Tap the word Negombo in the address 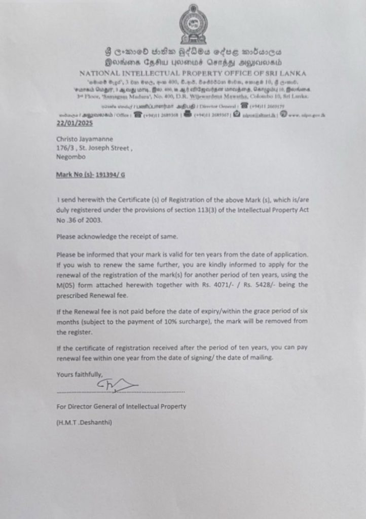pos(71,157)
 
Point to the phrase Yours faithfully pos(79,375)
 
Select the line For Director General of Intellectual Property pos(121,406)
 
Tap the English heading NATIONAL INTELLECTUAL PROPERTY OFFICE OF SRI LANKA pos(193,73)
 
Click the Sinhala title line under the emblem pos(193,52)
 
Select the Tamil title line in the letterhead pos(193,63)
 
